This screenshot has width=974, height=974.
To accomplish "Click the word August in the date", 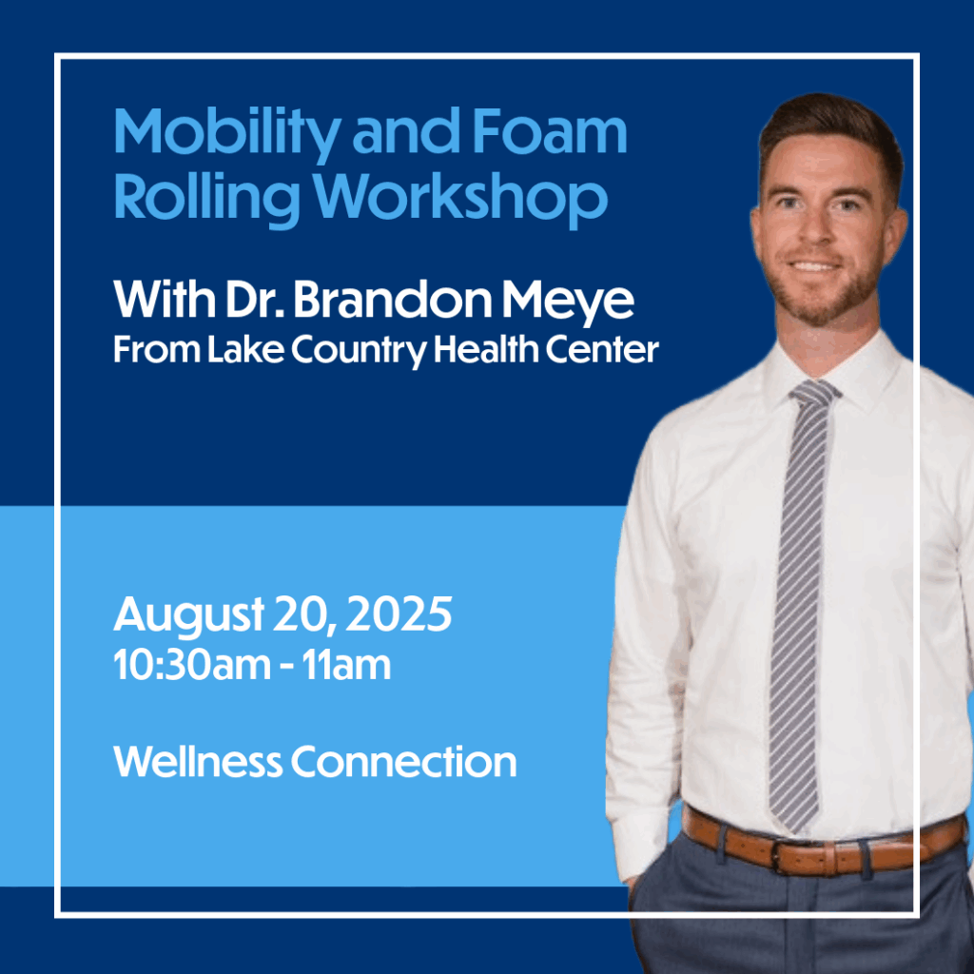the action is point(189,615).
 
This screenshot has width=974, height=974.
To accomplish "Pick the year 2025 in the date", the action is point(399,614).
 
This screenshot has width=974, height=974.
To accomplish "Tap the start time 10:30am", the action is point(192,666).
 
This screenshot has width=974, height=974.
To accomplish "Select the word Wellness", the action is point(198,762).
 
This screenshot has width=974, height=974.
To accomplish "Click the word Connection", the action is point(403,762).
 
